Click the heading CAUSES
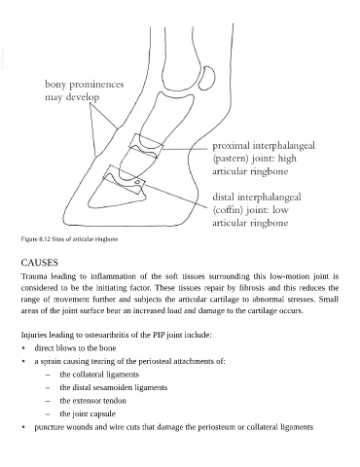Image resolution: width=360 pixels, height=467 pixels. [x=39, y=263]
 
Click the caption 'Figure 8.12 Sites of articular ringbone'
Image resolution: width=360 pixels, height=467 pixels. [x=69, y=239]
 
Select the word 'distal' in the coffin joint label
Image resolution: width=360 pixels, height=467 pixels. [x=224, y=197]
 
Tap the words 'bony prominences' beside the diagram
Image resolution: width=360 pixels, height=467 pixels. [x=85, y=85]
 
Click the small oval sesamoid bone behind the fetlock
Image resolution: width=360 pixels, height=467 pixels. [x=207, y=78]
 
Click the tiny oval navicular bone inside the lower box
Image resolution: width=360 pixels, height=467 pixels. [x=137, y=182]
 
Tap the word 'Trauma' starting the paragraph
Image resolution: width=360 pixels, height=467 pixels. [x=34, y=276]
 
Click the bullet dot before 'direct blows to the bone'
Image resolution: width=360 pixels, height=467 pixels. [x=23, y=348]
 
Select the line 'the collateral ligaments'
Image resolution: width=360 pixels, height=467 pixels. [x=99, y=375]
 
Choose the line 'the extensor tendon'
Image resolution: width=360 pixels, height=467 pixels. [x=92, y=401]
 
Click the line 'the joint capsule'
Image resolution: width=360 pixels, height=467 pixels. [x=88, y=413]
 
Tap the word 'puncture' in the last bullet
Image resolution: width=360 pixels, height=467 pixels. [x=49, y=427]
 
